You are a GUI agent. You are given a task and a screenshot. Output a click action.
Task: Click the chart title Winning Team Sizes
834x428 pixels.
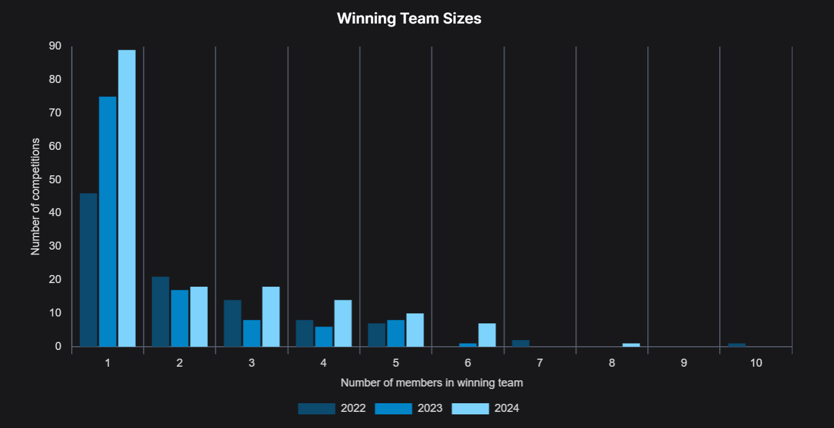pos(409,19)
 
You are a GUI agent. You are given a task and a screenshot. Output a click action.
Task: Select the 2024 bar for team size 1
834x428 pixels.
pos(126,198)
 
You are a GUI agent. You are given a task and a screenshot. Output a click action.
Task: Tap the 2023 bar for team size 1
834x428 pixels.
pos(107,222)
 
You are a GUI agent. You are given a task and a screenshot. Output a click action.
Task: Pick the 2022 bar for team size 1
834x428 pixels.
pos(88,270)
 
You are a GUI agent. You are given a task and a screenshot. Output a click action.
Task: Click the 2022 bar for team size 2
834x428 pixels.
pos(160,312)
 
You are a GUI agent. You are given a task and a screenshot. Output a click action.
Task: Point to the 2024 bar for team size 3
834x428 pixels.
pos(271,317)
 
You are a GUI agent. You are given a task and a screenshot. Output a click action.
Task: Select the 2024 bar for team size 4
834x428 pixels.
pos(343,323)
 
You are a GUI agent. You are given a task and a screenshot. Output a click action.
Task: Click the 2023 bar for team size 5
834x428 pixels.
pos(396,333)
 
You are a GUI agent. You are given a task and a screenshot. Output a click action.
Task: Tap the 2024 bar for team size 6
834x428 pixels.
pos(487,335)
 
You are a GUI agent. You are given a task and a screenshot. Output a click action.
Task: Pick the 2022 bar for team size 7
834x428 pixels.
pos(521,343)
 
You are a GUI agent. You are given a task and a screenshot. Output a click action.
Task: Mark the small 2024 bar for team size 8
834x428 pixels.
pos(631,345)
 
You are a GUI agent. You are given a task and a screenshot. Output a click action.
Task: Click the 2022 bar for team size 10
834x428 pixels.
pos(737,345)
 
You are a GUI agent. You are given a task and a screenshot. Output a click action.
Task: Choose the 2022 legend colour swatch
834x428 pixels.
pos(316,409)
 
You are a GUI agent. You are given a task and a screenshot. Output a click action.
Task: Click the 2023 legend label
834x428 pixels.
pos(430,409)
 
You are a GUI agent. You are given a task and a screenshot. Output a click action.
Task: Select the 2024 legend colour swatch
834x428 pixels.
pos(470,409)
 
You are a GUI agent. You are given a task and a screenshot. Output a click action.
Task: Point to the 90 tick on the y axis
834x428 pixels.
pos(55,46)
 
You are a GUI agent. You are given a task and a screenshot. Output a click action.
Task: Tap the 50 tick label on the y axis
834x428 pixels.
pos(55,180)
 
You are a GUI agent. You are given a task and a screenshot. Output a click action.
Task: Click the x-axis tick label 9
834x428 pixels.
pos(684,363)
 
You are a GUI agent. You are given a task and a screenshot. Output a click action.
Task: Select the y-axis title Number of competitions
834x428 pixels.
pos(35,196)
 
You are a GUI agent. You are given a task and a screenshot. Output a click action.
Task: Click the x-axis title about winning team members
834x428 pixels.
pos(432,383)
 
